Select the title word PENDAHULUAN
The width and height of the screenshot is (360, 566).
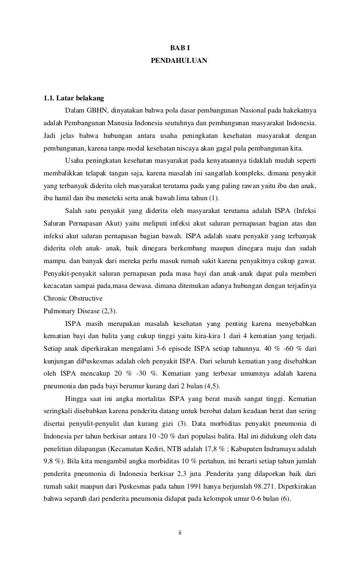pos(180,61)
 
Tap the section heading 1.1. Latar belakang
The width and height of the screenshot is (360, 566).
pos(73,98)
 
